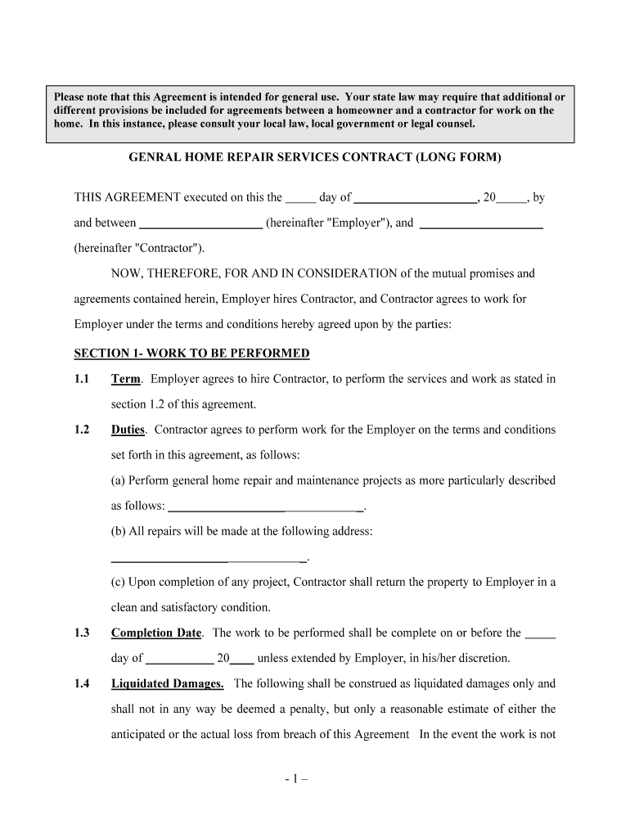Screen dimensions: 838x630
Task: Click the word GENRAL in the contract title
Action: pyautogui.click(x=154, y=156)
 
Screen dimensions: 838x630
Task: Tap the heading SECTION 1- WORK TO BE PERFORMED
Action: pyautogui.click(x=191, y=354)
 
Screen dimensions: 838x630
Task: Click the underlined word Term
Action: pyautogui.click(x=125, y=379)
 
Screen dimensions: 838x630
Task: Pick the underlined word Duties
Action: pyautogui.click(x=128, y=430)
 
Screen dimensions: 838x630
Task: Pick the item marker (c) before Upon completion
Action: pyautogui.click(x=119, y=582)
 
